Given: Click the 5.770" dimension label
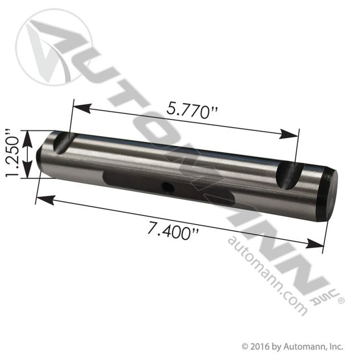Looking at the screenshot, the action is click(192, 111).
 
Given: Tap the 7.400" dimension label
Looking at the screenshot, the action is click(173, 231).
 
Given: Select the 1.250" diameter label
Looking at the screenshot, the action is click(12, 153).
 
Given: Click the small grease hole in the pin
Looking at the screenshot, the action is click(167, 187).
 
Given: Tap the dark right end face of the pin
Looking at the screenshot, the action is click(329, 195).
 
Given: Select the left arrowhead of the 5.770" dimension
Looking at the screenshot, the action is click(82, 108).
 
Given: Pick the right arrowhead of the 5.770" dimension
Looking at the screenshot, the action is click(289, 134).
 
